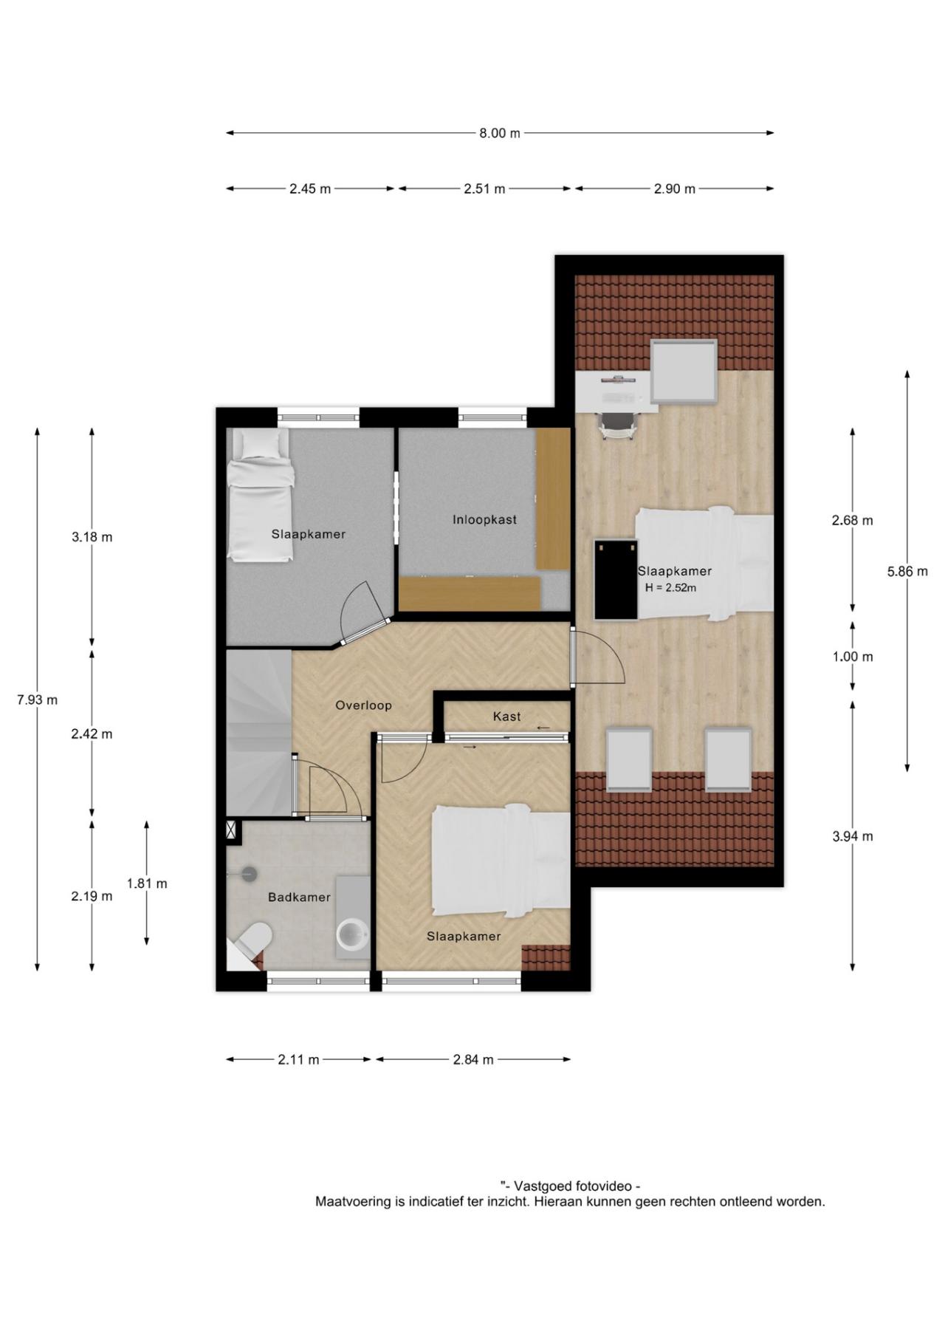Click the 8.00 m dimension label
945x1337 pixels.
(x=500, y=133)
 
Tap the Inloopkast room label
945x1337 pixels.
(x=484, y=519)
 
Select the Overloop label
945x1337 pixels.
(x=363, y=705)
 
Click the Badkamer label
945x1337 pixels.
(x=299, y=897)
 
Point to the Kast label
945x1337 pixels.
(x=507, y=717)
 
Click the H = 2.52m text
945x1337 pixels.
(x=670, y=588)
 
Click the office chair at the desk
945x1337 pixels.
(x=619, y=424)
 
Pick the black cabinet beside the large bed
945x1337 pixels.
(x=616, y=580)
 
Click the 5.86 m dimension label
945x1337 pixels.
(x=907, y=571)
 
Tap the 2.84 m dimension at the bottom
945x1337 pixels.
(x=473, y=1059)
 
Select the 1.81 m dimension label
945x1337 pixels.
(x=147, y=883)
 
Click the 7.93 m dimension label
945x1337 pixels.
(x=37, y=700)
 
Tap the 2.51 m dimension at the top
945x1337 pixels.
(x=484, y=188)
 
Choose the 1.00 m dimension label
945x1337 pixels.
(x=853, y=657)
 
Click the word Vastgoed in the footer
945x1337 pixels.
(x=545, y=1186)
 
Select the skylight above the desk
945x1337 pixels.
(x=684, y=371)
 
